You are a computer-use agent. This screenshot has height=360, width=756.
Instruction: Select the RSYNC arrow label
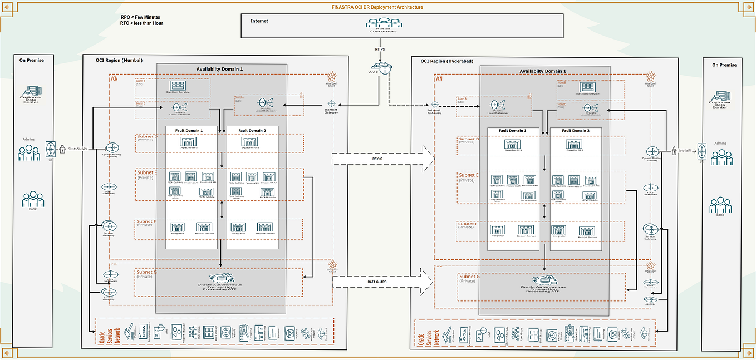[377, 159]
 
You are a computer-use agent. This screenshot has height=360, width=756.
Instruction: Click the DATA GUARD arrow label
[378, 282]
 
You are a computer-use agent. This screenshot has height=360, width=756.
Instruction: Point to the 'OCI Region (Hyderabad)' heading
[447, 61]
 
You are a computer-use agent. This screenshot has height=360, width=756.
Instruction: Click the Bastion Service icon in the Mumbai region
[179, 86]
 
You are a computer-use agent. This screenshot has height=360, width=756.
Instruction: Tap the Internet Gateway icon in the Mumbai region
[332, 103]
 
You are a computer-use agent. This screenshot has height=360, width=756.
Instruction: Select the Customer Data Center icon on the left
[31, 92]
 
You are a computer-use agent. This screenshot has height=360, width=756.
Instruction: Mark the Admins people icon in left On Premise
[28, 152]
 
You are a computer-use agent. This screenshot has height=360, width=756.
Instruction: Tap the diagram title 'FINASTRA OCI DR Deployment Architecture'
[377, 7]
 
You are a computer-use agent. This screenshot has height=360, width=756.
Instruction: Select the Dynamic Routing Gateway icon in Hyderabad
[652, 151]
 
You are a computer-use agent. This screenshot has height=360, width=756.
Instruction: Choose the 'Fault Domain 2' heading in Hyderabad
[575, 131]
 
